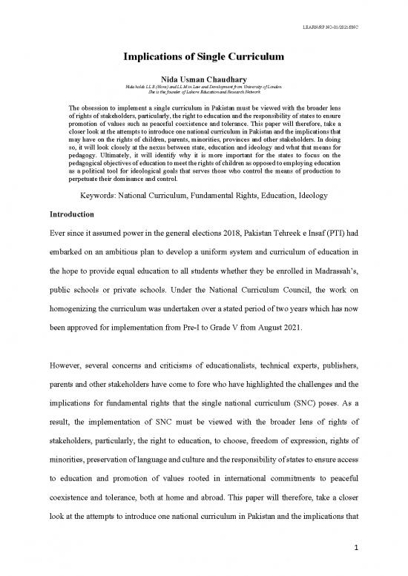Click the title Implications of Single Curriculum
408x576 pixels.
(203, 62)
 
